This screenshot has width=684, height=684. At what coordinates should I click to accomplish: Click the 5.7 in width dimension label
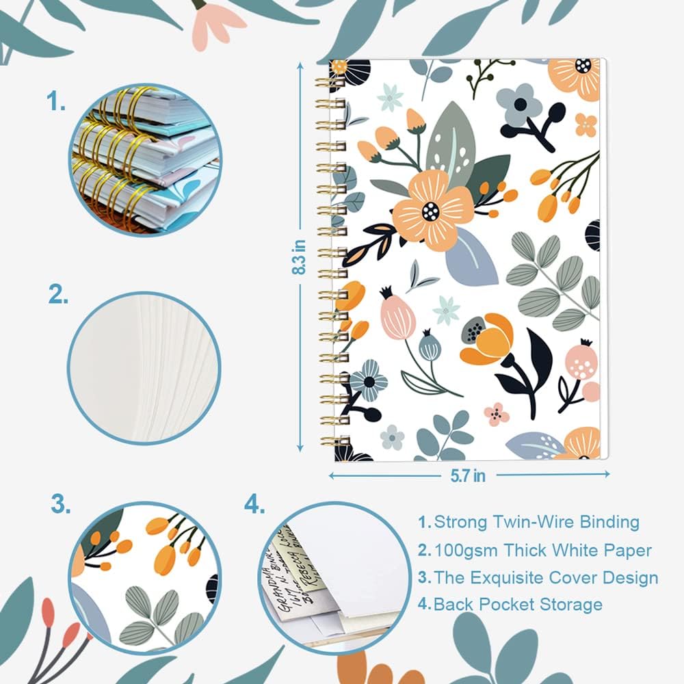[469, 475]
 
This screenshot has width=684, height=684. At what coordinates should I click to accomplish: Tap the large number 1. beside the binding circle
[57, 103]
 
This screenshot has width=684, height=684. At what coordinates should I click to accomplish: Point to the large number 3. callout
[61, 505]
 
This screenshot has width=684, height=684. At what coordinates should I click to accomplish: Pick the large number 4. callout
[254, 505]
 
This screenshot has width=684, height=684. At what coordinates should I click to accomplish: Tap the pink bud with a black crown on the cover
[397, 315]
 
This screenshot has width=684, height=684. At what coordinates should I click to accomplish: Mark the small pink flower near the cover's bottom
[497, 413]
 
